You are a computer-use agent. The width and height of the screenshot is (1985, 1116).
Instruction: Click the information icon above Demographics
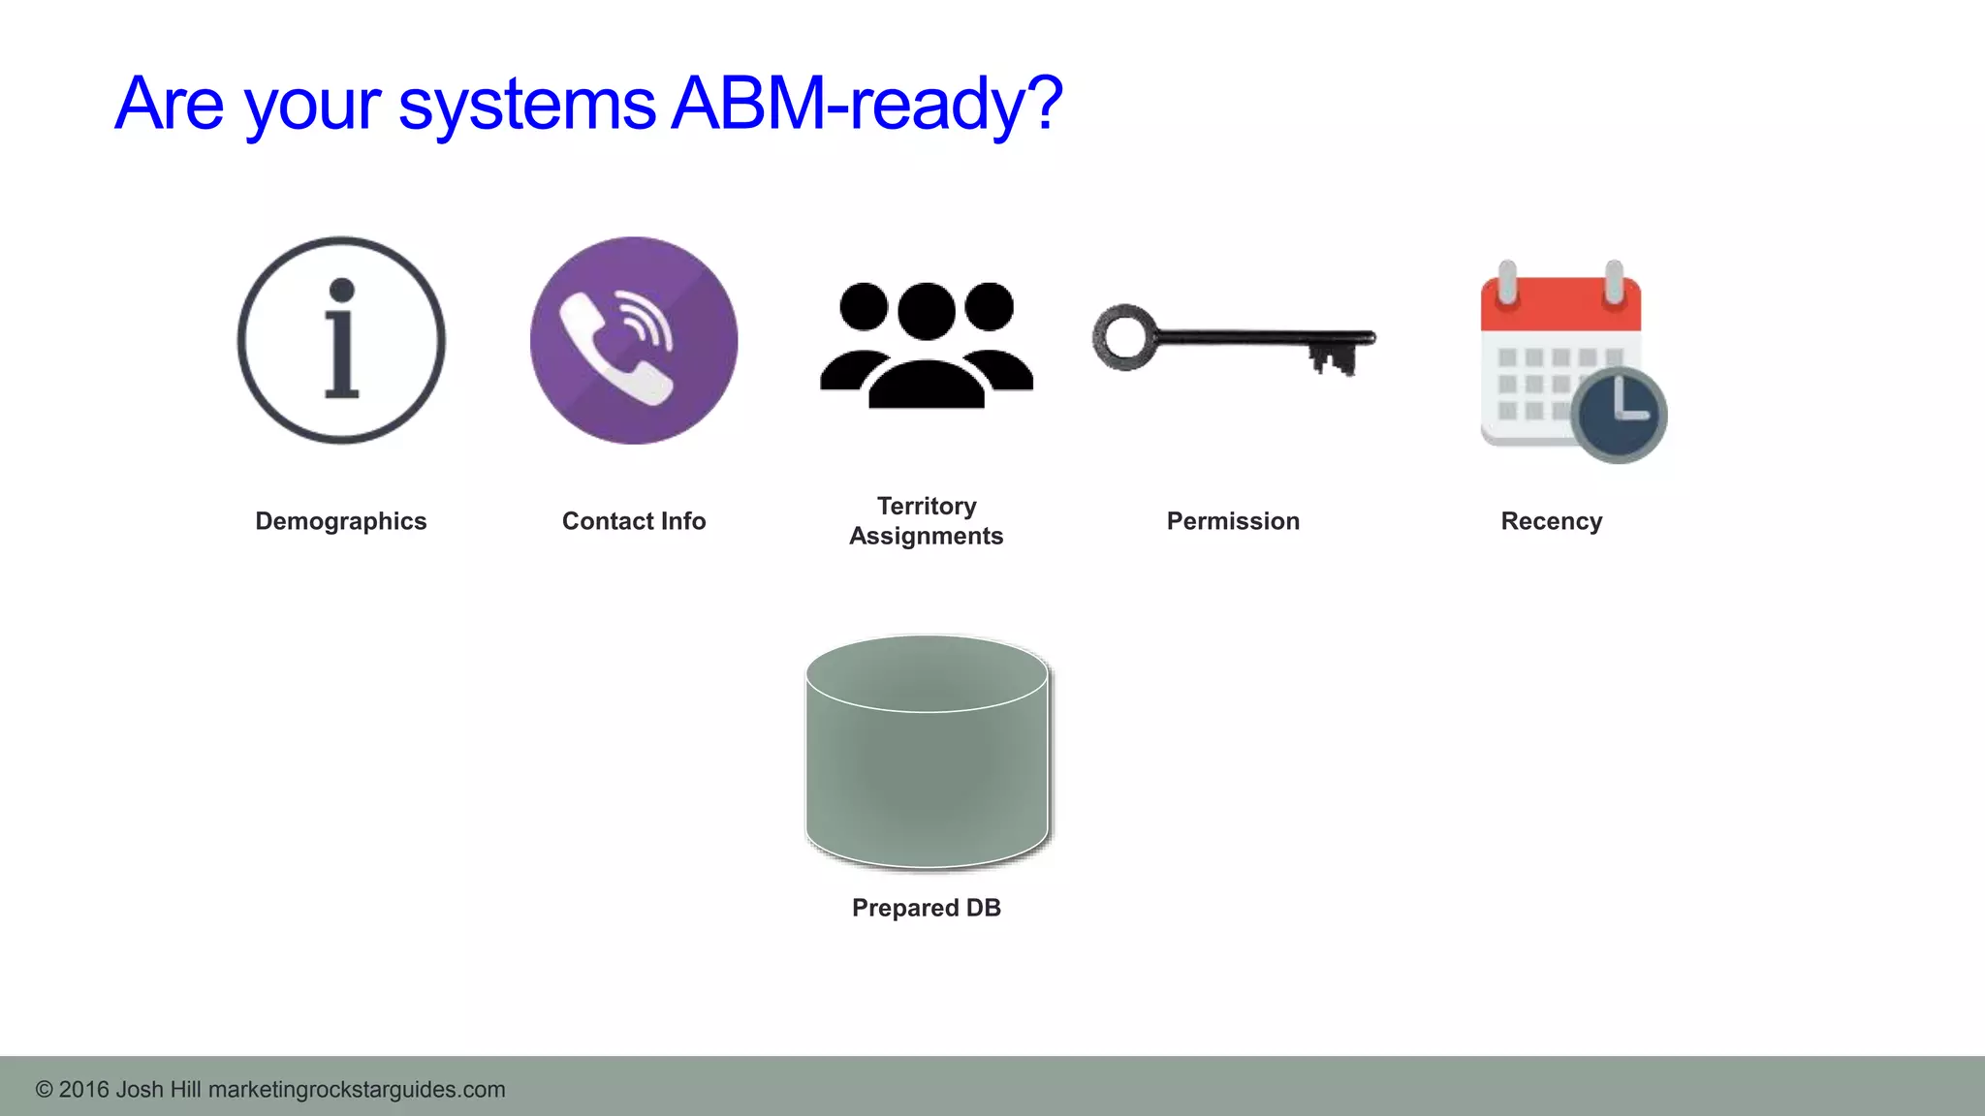(341, 340)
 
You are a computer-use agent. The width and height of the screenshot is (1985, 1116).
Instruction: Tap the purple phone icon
(634, 340)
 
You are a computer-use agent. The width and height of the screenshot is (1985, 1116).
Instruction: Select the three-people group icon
(926, 344)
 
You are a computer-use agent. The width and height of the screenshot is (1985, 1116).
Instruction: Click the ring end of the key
(1124, 338)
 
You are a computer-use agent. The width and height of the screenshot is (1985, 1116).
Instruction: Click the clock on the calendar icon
(1618, 414)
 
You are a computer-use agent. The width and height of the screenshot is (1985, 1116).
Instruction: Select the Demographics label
(340, 521)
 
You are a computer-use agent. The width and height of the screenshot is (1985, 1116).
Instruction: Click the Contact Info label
(634, 521)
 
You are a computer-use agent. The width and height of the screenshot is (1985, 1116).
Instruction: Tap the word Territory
(927, 506)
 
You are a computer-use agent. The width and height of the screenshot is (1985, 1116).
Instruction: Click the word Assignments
(927, 536)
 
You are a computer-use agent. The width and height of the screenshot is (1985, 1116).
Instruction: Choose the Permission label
(1233, 521)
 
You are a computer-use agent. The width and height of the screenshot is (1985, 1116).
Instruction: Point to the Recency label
(1551, 521)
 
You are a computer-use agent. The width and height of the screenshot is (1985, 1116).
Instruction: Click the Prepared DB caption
(927, 908)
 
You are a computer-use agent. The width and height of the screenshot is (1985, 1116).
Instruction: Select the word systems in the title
(526, 105)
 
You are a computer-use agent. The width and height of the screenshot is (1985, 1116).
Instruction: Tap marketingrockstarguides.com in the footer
(357, 1090)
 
